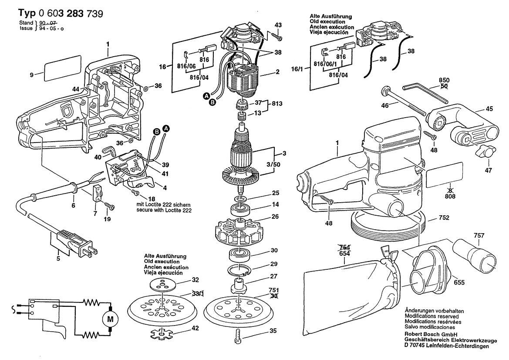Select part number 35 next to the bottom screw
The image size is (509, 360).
tap(273, 331)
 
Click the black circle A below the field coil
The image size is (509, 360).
tap(207, 95)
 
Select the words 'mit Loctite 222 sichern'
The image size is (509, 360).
tap(163, 204)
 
